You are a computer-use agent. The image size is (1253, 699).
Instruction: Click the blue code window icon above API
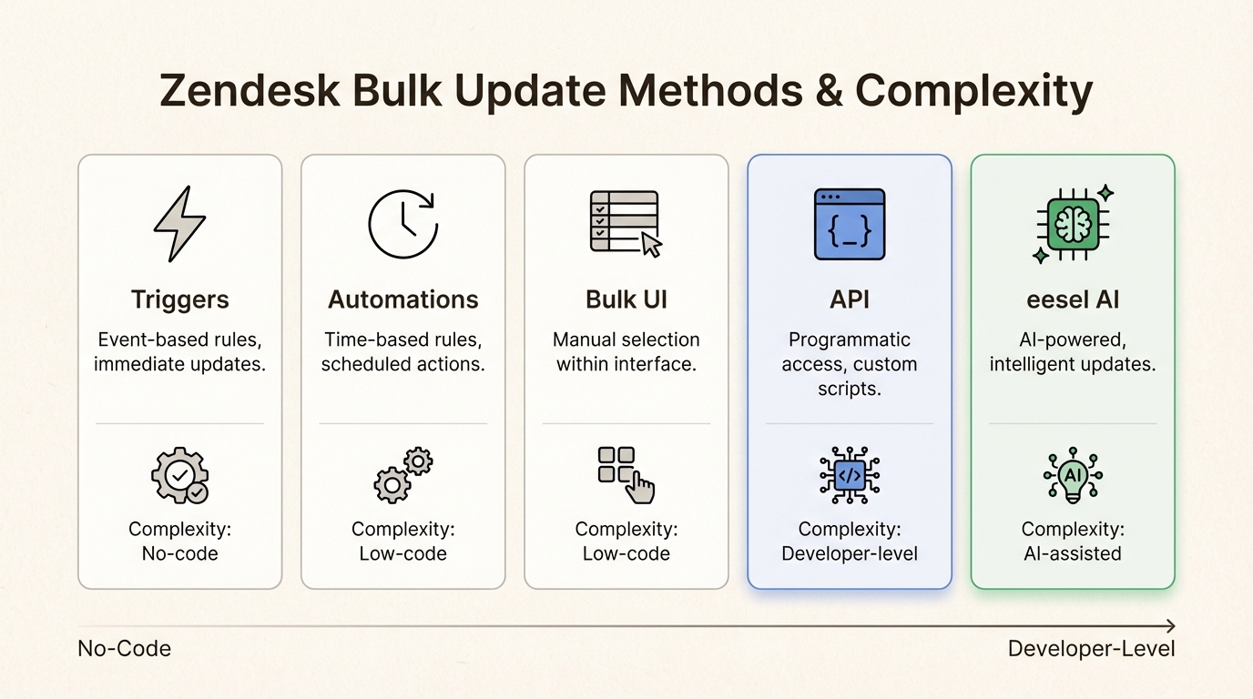(x=849, y=224)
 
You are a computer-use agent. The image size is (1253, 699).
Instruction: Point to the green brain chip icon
(x=1073, y=224)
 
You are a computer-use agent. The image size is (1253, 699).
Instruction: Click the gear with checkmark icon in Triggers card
(x=180, y=475)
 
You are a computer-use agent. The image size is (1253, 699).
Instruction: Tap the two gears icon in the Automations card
(x=402, y=475)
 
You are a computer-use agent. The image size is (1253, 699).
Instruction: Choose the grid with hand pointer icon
(x=626, y=475)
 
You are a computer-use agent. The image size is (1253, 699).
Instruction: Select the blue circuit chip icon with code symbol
(x=849, y=475)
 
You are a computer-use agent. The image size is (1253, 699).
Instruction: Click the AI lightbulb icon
(x=1073, y=475)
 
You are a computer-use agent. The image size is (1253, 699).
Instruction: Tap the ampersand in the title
(x=830, y=90)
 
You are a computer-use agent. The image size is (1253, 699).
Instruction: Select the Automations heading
(x=402, y=299)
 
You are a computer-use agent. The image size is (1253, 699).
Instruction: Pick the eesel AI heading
(x=1073, y=299)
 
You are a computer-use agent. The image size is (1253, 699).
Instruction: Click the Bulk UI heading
(x=626, y=299)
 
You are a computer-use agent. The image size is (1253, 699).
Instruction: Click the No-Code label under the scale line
(x=124, y=649)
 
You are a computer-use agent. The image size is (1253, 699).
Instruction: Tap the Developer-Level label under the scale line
(x=1091, y=649)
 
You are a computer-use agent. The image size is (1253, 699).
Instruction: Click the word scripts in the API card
(x=849, y=389)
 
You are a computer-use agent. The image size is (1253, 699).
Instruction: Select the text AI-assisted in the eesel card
(x=1073, y=553)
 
